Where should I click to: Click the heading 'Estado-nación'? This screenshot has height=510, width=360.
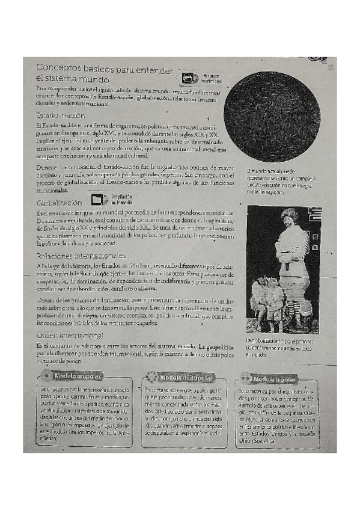tap(59, 115)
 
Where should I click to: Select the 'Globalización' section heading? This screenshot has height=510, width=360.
tap(60, 203)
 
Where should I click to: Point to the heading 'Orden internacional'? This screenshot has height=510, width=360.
tap(70, 335)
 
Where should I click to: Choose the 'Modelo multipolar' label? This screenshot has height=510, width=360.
tap(186, 376)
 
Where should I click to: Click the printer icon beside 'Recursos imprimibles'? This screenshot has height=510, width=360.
tap(188, 78)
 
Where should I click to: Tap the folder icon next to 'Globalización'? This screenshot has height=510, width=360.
tap(99, 198)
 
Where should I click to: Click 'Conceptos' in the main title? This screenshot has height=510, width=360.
tap(60, 69)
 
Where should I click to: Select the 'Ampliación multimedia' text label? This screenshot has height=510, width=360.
tap(121, 199)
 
